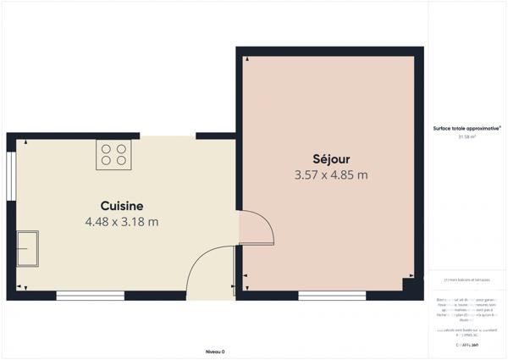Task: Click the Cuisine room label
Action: [x=122, y=206]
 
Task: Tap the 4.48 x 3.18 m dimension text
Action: [x=122, y=222]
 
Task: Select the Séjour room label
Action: [x=330, y=158]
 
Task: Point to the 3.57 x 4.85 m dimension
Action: [x=330, y=175]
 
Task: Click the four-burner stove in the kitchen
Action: [x=113, y=154]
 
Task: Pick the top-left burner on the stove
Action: [x=107, y=148]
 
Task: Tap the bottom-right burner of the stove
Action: [x=121, y=160]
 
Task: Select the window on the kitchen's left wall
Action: [x=10, y=176]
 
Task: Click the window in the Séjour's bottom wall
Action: [x=332, y=296]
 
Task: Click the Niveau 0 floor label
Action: [x=215, y=351]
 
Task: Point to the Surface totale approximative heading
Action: [x=467, y=128]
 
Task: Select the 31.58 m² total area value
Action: [x=467, y=136]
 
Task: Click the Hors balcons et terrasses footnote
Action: [x=467, y=280]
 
